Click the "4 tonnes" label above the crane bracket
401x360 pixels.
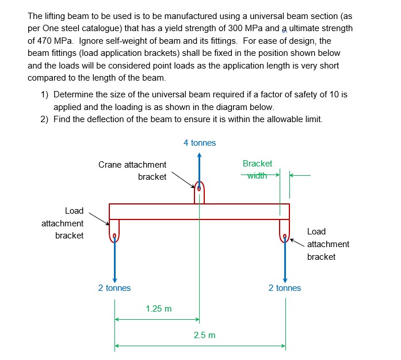200,143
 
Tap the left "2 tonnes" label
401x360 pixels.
114,288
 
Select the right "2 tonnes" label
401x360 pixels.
284,288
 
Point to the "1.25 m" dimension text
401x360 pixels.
158,309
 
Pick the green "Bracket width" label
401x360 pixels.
257,169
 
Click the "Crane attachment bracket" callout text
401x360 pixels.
132,170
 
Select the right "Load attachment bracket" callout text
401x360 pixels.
327,244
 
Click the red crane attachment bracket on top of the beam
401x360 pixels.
199,192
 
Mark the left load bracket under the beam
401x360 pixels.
114,230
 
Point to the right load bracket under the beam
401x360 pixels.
284,230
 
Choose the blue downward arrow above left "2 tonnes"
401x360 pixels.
114,259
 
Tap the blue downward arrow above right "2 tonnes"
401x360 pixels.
284,259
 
